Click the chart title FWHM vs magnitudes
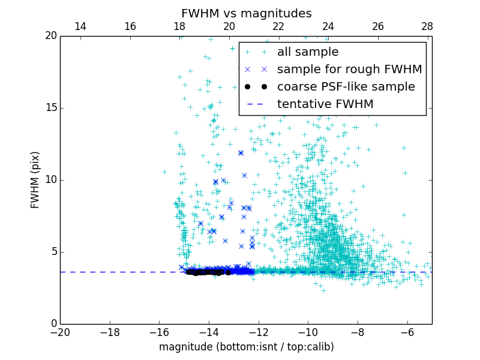pos(246,13)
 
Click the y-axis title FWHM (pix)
pos(35,180)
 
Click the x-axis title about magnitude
pos(246,347)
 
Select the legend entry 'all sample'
pos(308,52)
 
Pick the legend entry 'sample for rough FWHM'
pos(349,70)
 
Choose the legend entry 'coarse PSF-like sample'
pos(346,87)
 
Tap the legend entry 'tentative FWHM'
pos(325,104)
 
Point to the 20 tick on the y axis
pos(50,36)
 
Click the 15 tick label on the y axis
pos(50,108)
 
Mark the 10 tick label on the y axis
pos(50,180)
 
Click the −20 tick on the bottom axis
pos(60,332)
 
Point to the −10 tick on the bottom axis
pos(308,332)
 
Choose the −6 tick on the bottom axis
pos(407,332)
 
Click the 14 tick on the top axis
pos(80,26)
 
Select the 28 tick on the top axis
pos(427,26)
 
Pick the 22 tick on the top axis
pos(278,26)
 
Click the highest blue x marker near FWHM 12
pos(241,153)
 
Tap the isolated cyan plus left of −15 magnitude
pos(164,172)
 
